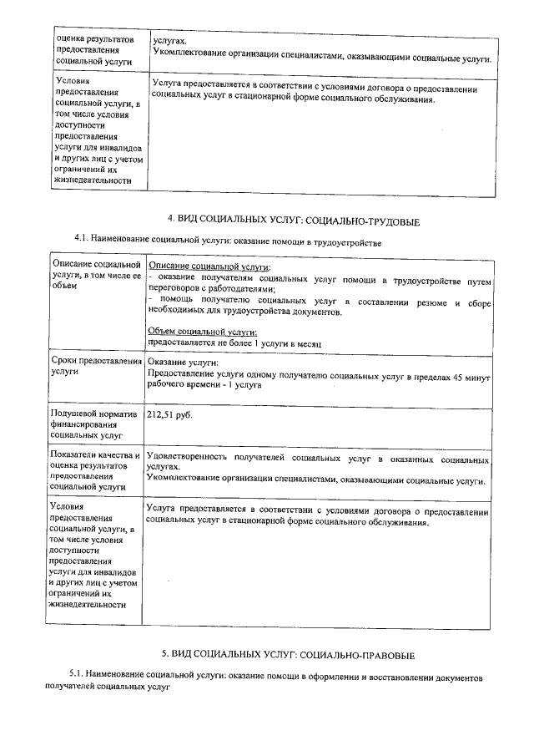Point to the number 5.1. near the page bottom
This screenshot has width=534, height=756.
click(79, 674)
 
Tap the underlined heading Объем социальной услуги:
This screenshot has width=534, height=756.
click(197, 332)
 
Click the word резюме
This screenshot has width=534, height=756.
click(431, 300)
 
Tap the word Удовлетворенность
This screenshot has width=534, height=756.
click(187, 459)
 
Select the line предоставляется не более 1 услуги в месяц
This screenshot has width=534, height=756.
click(234, 342)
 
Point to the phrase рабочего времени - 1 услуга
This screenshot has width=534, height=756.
click(204, 386)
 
